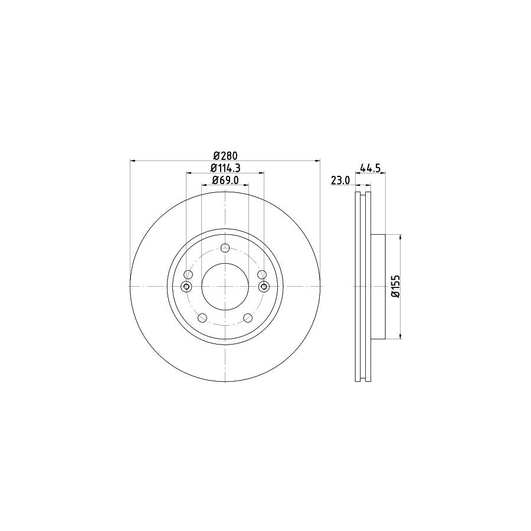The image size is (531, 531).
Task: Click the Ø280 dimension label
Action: click(x=225, y=156)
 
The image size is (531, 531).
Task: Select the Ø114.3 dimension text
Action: click(x=225, y=168)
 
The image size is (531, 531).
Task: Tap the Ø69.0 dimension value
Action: click(x=225, y=181)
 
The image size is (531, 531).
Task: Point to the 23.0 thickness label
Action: click(x=340, y=181)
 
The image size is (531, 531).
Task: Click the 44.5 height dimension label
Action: click(x=369, y=168)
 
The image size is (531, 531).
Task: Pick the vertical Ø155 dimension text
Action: click(x=396, y=286)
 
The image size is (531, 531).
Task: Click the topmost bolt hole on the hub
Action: click(x=225, y=248)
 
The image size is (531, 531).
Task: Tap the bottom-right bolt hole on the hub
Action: click(x=248, y=318)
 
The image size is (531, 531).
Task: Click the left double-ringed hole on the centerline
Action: click(x=186, y=287)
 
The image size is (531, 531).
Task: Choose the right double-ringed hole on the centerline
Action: click(x=263, y=287)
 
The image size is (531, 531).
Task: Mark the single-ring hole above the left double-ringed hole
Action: click(x=188, y=274)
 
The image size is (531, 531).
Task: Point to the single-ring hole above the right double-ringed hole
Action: click(x=261, y=274)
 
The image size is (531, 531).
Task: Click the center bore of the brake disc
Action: click(x=225, y=286)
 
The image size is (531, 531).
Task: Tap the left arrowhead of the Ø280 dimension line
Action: click(x=132, y=160)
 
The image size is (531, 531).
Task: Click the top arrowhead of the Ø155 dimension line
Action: click(x=401, y=237)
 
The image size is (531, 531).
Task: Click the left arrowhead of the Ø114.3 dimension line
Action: click(x=189, y=173)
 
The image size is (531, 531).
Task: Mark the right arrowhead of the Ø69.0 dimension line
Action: click(x=246, y=185)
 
